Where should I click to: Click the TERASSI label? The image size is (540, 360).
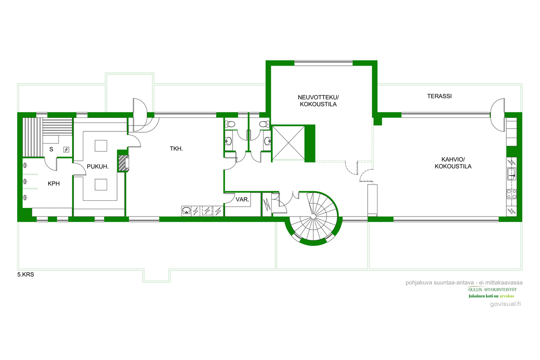tap(439, 96)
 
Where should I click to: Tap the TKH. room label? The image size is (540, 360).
tap(176, 149)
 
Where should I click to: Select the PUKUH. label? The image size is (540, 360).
tap(98, 166)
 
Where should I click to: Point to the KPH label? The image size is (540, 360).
tap(54, 184)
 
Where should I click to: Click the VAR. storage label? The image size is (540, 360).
tap(242, 200)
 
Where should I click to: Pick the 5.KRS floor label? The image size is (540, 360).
tap(26, 274)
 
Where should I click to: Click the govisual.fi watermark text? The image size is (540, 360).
tap(505, 304)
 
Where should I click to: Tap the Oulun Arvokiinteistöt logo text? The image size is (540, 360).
tap(492, 289)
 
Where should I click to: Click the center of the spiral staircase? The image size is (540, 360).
tap(313, 216)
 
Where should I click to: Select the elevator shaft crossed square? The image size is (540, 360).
tap(288, 143)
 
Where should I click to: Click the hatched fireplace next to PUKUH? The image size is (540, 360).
tap(123, 163)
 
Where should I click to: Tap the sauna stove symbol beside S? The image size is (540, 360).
tap(66, 150)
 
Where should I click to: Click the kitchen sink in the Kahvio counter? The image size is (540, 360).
tap(511, 174)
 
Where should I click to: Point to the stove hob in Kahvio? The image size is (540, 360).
tap(511, 194)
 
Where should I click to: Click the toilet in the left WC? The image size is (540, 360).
tap(230, 124)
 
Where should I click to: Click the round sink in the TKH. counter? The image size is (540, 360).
tap(186, 210)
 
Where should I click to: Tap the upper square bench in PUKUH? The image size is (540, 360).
tap(101, 146)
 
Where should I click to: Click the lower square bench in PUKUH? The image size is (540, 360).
tap(101, 184)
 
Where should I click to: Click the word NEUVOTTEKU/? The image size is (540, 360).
tap(318, 97)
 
